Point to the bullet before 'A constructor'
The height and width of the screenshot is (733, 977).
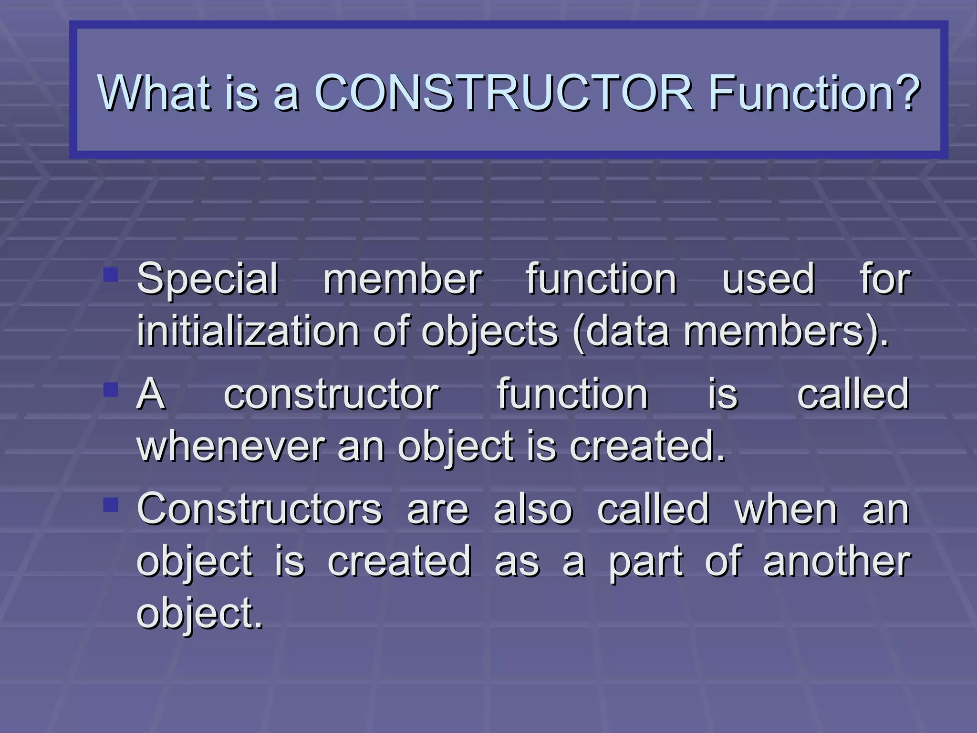[111, 389]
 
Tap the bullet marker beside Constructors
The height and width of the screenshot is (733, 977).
[111, 504]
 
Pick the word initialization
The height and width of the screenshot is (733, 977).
[248, 331]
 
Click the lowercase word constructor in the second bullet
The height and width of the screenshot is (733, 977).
[331, 395]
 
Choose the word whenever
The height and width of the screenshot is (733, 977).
[231, 447]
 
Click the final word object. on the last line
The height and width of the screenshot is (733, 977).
[200, 614]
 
